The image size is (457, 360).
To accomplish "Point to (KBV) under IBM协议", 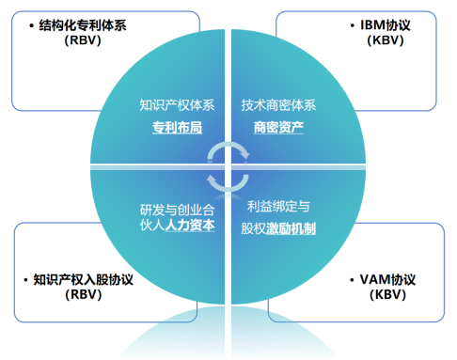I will tap(370, 42).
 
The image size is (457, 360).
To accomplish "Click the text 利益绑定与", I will tap(278, 207).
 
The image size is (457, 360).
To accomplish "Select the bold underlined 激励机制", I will tap(290, 227).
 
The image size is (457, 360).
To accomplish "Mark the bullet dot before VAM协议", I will tap(339, 279).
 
